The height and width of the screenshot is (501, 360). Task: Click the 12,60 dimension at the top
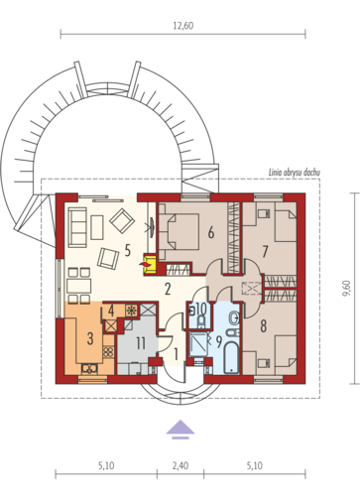pos(182,26)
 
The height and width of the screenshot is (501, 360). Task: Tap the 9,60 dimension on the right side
pos(346,288)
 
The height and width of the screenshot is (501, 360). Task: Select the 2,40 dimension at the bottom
pos(180,465)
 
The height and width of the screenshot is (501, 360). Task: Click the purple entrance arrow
pos(180,430)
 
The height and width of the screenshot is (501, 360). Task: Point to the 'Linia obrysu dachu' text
pos(294,173)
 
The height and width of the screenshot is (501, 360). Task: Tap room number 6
pos(211,233)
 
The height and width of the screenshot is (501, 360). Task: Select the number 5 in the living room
pos(128,251)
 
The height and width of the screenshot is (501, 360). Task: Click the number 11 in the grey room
pos(141,343)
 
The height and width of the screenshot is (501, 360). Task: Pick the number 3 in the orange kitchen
pos(90,338)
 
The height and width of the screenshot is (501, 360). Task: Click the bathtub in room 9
pos(231,358)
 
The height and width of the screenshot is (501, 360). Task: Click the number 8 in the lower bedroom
pos(263,326)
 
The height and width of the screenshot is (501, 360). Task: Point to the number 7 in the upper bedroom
pos(265,252)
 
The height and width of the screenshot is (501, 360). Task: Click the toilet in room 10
pos(200,321)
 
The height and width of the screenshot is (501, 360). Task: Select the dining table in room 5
pos(78,286)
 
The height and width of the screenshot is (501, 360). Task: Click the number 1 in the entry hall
pos(176,355)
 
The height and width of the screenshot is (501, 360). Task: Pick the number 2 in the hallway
pos(168,290)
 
